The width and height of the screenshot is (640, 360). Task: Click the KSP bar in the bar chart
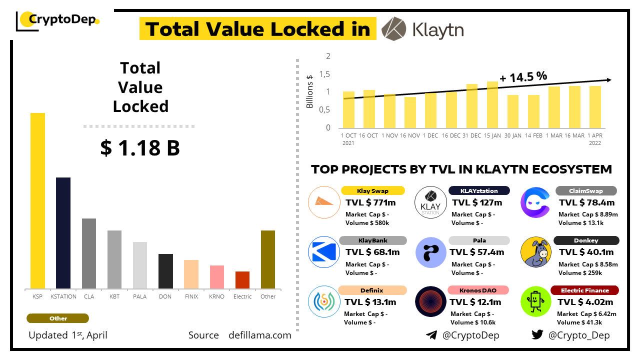point(37,200)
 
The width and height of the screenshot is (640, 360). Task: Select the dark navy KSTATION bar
point(63,233)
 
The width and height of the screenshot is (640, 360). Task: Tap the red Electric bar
point(242,280)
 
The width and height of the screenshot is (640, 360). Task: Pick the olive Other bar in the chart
point(268,259)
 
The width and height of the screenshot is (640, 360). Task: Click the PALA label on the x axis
point(140,296)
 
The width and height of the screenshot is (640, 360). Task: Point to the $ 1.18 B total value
point(140,148)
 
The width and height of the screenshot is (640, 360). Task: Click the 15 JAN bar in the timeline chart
point(492,104)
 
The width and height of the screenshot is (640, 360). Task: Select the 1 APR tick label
point(595,135)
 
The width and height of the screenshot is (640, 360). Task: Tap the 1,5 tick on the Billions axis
point(325,74)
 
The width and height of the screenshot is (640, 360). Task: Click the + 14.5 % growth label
point(523,77)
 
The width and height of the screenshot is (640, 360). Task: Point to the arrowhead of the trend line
point(608,80)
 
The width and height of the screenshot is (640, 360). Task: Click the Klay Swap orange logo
point(324,202)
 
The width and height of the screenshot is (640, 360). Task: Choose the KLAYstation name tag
point(479,190)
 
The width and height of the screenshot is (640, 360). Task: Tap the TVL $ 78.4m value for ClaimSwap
point(586,202)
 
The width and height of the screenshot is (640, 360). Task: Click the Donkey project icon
point(535,252)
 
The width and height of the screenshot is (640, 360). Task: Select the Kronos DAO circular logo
point(430,301)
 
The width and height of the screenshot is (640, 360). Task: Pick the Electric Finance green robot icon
point(535,301)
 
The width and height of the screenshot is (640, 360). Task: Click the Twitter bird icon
point(537,335)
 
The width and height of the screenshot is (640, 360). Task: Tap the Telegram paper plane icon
point(431,335)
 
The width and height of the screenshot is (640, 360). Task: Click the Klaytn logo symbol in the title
point(393,28)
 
